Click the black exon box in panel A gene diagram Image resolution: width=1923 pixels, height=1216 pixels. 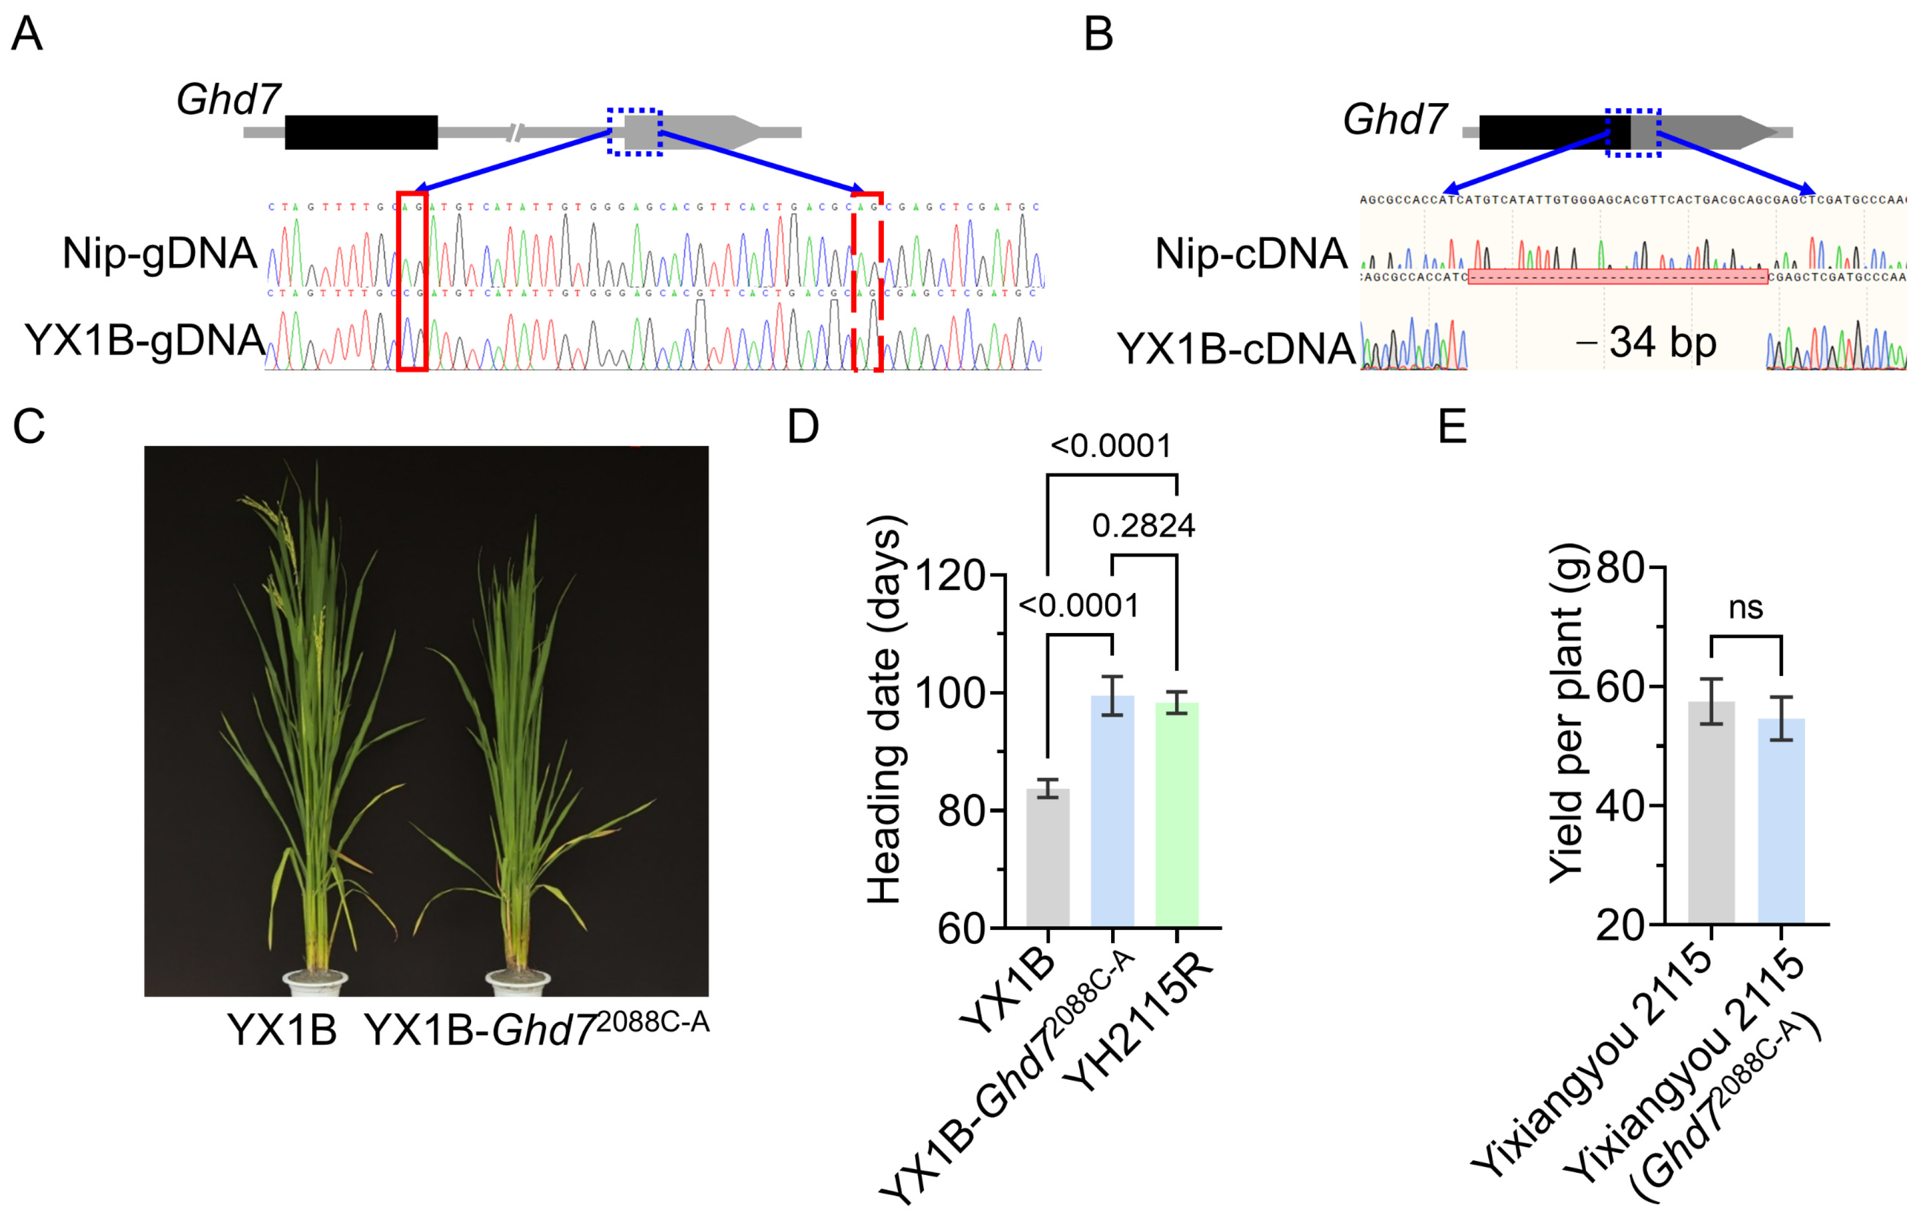click(x=361, y=132)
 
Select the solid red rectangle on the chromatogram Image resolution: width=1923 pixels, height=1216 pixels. click(x=412, y=281)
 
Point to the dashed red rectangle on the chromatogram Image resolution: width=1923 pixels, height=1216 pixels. click(x=867, y=281)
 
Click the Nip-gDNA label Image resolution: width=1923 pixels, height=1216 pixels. click(x=159, y=254)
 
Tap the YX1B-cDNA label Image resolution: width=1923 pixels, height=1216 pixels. click(x=1235, y=349)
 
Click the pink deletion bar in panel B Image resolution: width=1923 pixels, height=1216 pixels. click(x=1617, y=277)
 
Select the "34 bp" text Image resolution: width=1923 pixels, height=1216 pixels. click(x=1663, y=343)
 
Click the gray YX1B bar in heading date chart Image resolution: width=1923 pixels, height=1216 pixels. click(x=1048, y=859)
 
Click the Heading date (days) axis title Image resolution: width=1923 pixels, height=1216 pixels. click(x=885, y=709)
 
